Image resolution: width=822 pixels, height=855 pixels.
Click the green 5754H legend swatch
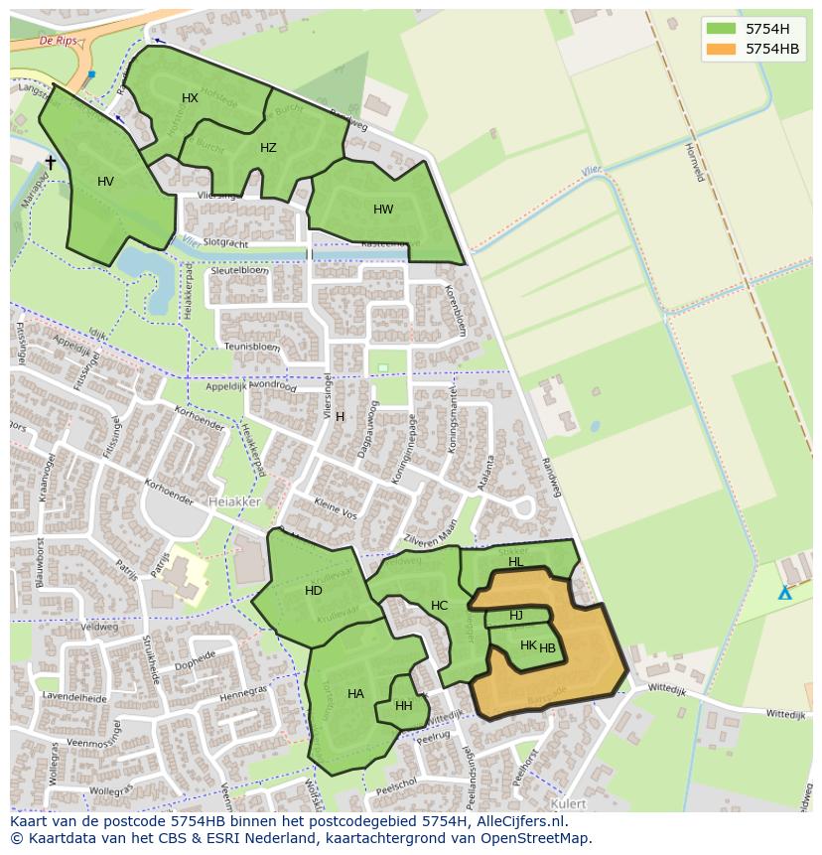click(723, 29)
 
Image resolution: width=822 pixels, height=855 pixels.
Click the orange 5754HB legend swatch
click(723, 49)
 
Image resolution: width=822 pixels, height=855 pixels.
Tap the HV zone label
click(106, 182)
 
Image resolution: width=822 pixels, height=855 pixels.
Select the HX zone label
click(191, 97)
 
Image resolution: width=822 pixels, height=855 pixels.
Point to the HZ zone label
click(268, 148)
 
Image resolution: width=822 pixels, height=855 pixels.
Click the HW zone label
click(383, 210)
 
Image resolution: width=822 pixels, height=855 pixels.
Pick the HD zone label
click(314, 591)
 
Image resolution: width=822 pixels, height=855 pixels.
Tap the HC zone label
click(440, 606)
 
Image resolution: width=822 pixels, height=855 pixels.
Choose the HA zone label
click(355, 694)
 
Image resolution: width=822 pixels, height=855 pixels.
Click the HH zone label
click(403, 707)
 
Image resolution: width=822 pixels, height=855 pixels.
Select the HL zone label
click(516, 562)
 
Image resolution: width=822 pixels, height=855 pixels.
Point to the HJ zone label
click(516, 616)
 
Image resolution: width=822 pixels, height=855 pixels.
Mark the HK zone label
click(528, 645)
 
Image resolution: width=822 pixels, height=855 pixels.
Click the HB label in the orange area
click(548, 649)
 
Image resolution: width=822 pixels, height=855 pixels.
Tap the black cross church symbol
click(51, 162)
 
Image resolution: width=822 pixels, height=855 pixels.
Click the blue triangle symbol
click(784, 593)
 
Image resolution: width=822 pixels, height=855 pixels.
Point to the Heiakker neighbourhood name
click(235, 502)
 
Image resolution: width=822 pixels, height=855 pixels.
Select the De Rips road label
click(60, 41)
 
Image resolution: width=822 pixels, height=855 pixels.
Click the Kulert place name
click(567, 802)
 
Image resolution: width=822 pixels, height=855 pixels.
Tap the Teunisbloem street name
click(253, 347)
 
